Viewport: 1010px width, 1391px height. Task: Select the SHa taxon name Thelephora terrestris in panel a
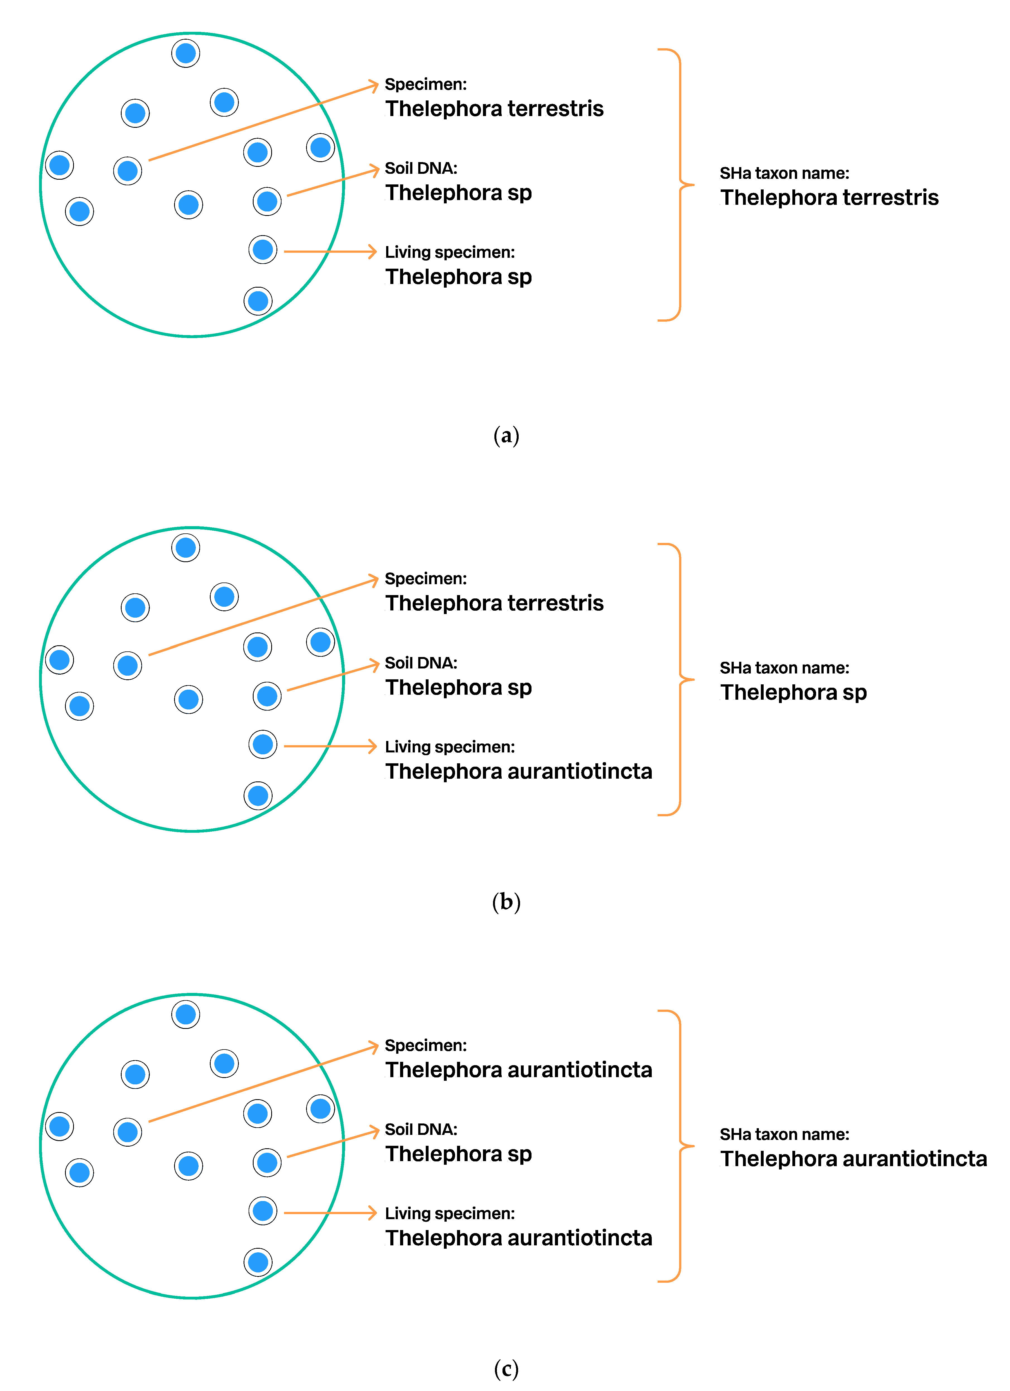click(x=829, y=198)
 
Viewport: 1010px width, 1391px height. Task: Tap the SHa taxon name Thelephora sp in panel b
click(x=793, y=692)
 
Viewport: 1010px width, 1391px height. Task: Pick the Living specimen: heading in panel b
click(x=449, y=747)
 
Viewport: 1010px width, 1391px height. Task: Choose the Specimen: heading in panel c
click(x=425, y=1045)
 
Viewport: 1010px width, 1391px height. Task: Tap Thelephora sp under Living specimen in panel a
click(x=458, y=276)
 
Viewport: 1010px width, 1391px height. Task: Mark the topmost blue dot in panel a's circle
click(x=186, y=53)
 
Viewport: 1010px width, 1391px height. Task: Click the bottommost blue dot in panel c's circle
click(x=258, y=1262)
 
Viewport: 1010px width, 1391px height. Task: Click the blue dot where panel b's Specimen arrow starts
click(x=128, y=665)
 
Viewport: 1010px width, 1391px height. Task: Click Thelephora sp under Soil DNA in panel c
click(x=458, y=1154)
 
